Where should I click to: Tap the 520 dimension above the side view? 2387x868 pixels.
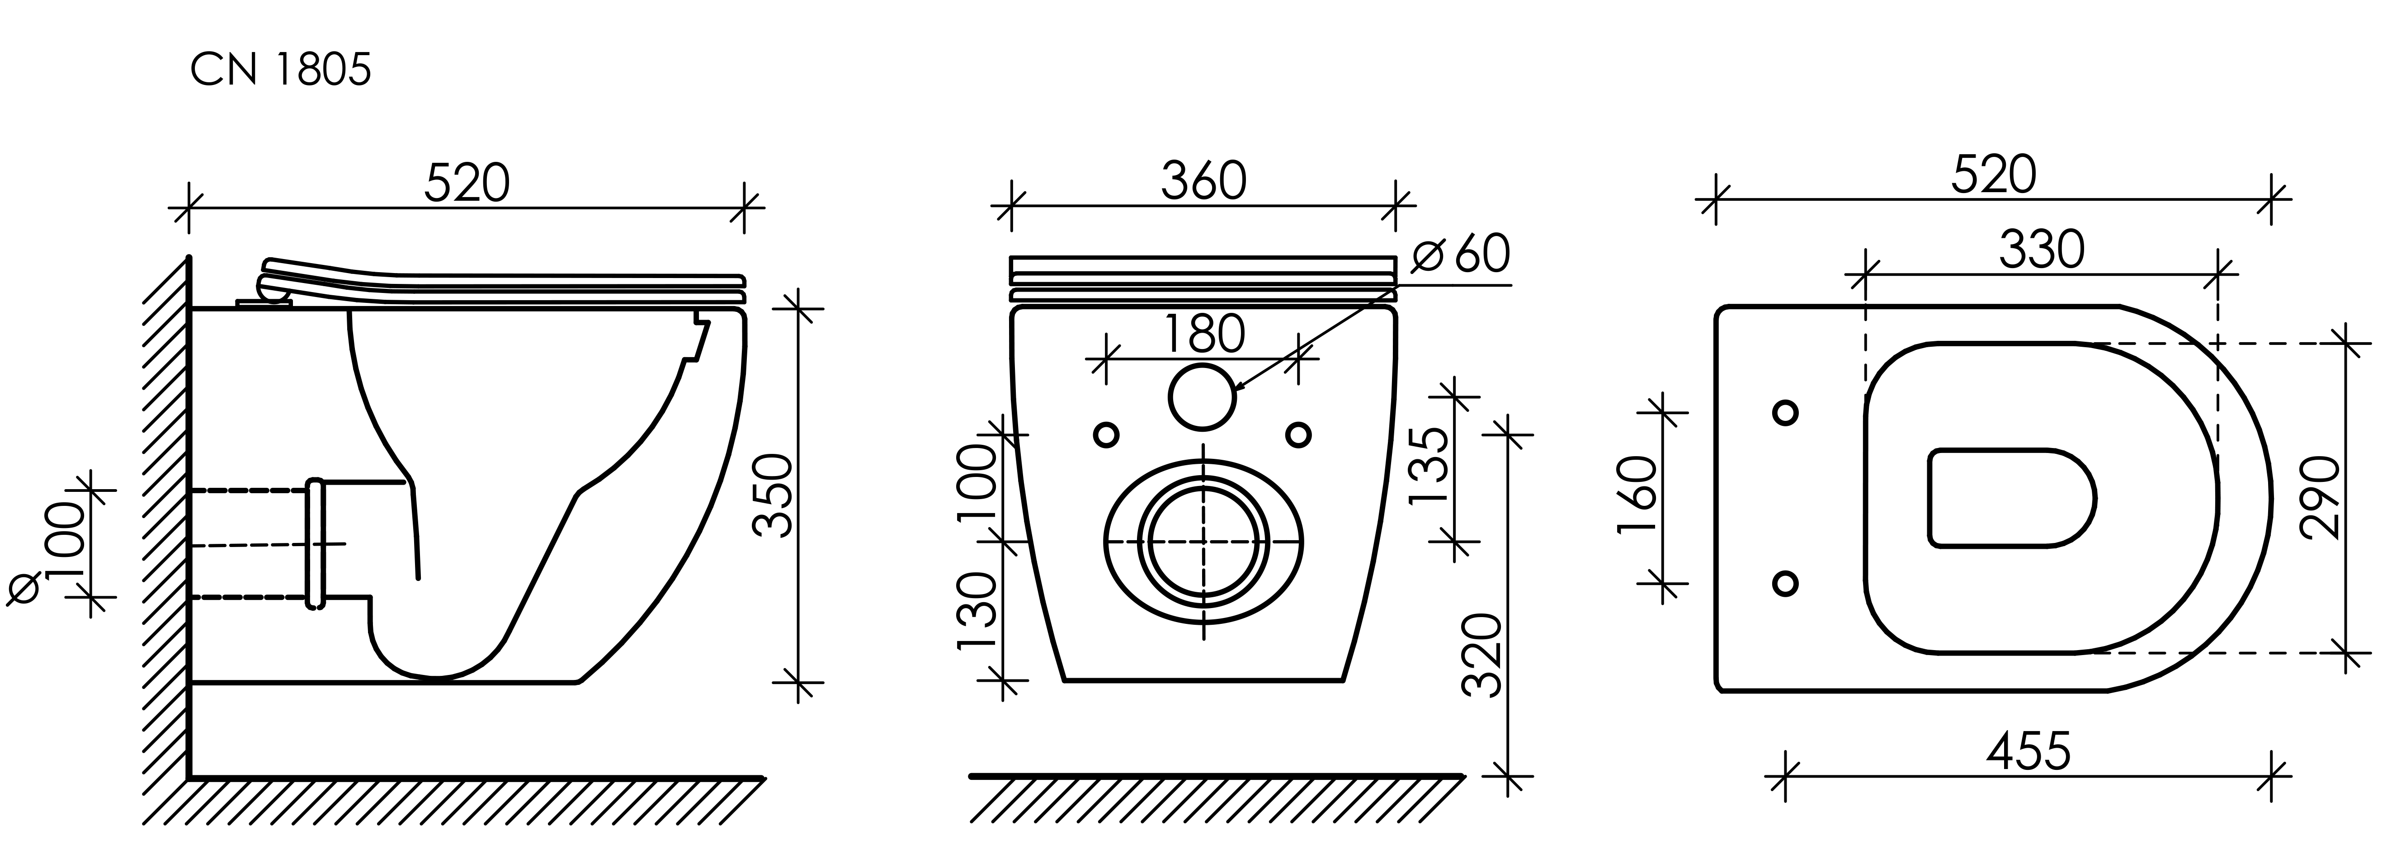[x=467, y=183]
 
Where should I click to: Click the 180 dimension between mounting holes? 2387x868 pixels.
[x=1204, y=335]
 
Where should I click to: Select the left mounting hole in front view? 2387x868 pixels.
[x=1106, y=434]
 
